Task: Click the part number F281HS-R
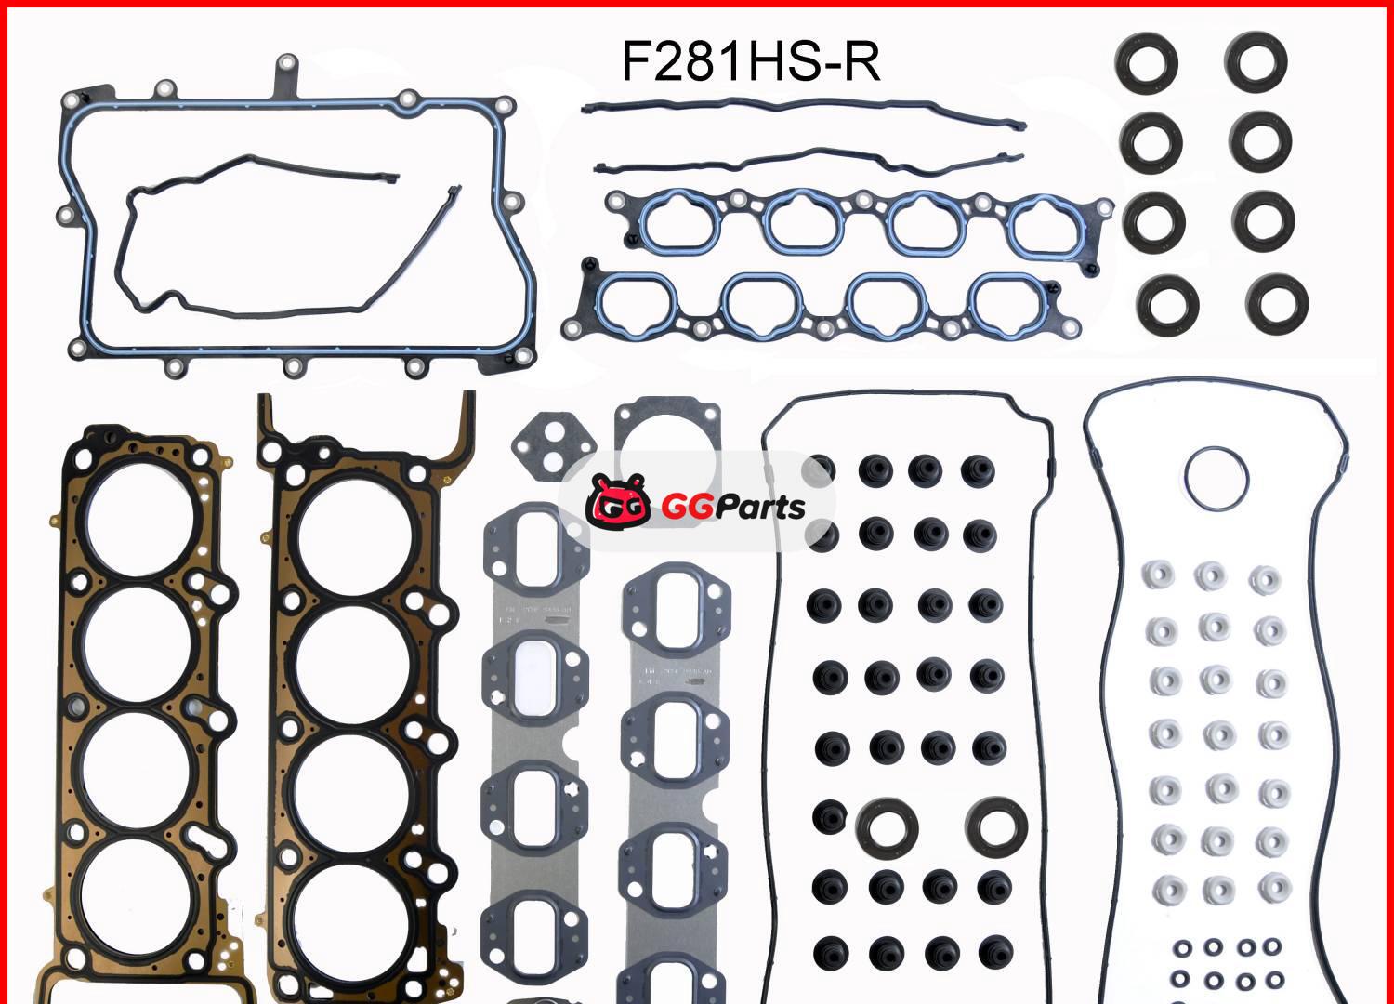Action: point(750,63)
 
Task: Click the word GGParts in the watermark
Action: point(733,507)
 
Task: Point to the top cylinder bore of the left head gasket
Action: point(140,517)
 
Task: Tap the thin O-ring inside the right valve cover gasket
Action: point(1218,479)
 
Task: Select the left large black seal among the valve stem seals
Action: point(887,826)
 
